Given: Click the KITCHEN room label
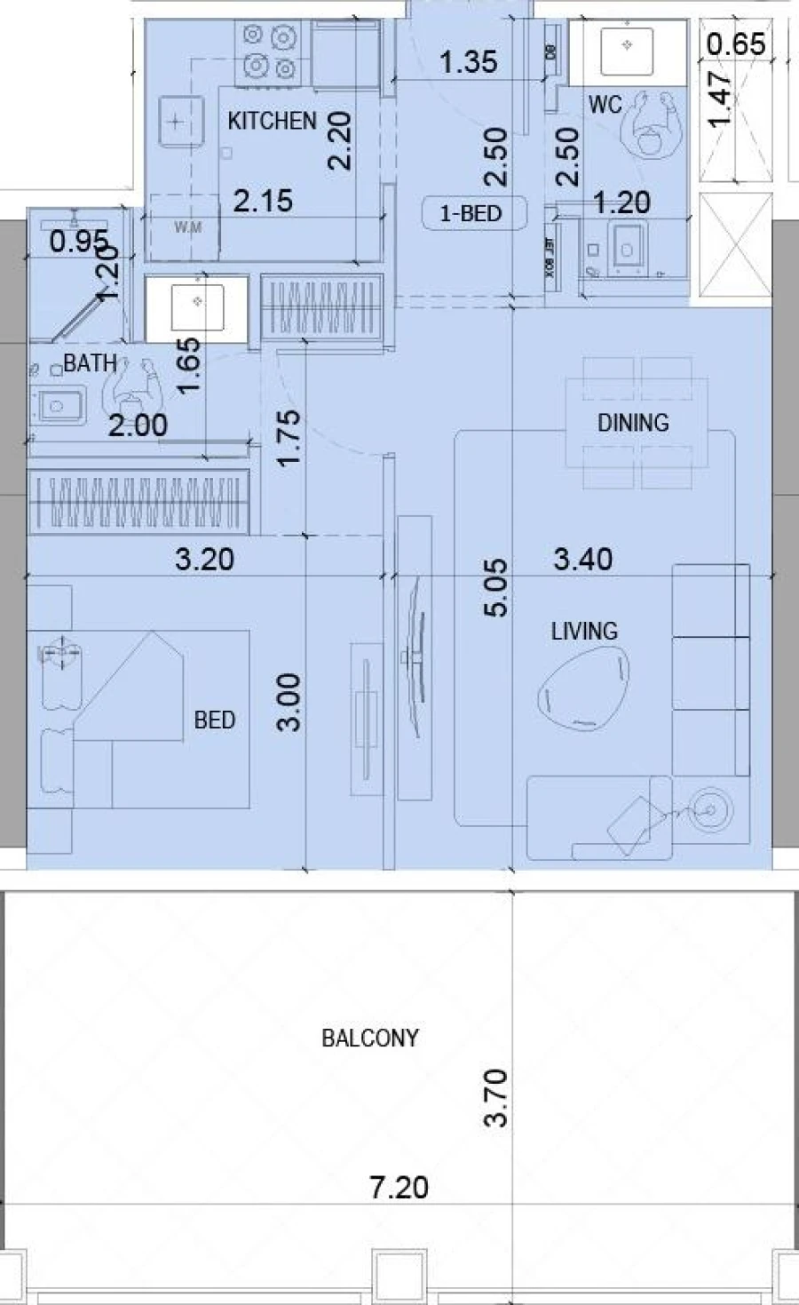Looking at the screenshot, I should pos(272,121).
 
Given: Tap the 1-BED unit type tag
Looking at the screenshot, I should pos(471,213).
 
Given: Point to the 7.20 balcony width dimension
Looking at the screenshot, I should pos(399,1187).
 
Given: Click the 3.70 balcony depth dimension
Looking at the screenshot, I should pos(496,1098).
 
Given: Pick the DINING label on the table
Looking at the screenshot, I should pos(632,423).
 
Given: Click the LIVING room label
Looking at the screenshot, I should pos(583,632).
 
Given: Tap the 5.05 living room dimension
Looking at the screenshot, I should pos(496,587).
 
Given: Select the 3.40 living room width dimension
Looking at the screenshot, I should pos(582,559).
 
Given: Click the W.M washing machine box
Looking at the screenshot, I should pos(186,227).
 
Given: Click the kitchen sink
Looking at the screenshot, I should pos(178,122).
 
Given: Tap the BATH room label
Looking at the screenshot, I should pos(90,362).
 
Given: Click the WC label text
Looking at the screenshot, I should pos(605,105).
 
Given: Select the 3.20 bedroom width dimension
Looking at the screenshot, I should pos(204,559).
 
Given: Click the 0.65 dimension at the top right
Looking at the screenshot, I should pos(737,44).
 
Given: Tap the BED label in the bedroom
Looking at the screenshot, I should pos(214,720).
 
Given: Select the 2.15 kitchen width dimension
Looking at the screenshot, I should pos(263,201).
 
